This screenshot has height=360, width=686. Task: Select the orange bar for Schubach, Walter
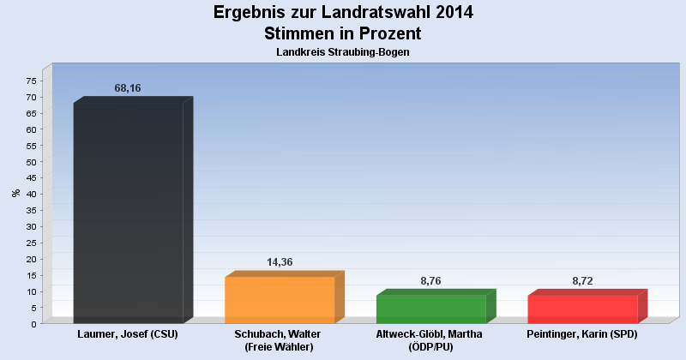[280, 299]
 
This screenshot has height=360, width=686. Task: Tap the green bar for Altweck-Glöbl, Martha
[431, 309]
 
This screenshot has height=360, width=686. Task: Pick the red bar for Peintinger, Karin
[583, 309]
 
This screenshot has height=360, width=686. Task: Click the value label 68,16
[128, 88]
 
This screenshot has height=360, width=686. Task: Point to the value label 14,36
[280, 262]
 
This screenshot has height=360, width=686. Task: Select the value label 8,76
[431, 280]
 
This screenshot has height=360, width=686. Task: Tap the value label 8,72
[583, 280]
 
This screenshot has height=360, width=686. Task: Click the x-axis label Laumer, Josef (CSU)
[128, 333]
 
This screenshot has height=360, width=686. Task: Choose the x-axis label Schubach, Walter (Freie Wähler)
[280, 340]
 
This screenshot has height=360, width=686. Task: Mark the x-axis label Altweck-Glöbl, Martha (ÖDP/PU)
[431, 340]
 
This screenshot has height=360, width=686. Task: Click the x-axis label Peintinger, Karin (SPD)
[583, 333]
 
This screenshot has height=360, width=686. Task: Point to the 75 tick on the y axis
[31, 81]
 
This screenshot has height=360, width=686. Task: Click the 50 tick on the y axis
[31, 162]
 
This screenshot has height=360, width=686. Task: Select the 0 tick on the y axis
[33, 324]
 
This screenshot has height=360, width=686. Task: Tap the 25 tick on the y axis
[31, 243]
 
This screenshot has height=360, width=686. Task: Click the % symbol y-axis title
[15, 193]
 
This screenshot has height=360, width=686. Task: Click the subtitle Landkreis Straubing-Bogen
[342, 52]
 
